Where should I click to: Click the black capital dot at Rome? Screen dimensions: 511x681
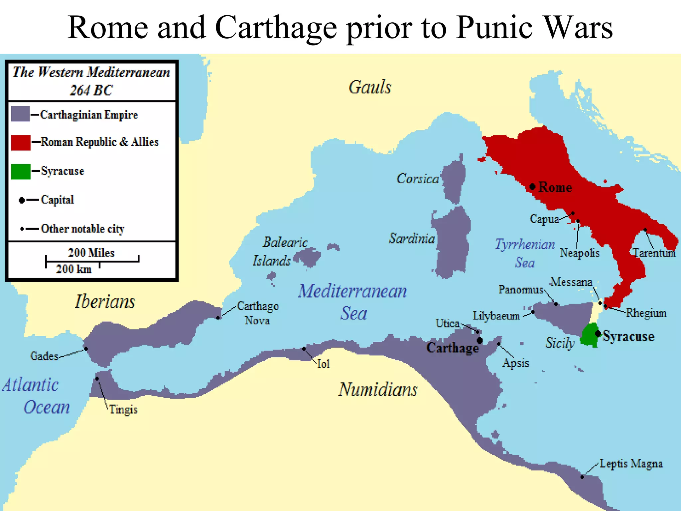tap(532, 187)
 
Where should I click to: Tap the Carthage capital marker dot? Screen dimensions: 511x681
tap(479, 340)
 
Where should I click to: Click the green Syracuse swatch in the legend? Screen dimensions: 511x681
tap(21, 172)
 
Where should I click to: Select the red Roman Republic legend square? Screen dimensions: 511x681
tap(21, 143)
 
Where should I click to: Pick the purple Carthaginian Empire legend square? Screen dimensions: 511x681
tap(20, 114)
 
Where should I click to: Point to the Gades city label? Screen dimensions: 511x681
tap(44, 356)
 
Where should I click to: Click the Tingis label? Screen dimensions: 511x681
tap(123, 410)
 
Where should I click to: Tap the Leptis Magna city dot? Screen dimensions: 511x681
tap(582, 477)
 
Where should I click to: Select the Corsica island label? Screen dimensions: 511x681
tap(418, 179)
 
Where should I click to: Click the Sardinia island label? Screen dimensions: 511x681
tap(412, 239)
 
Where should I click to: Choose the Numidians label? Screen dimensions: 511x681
tap(378, 390)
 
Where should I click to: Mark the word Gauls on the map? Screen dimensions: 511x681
tap(370, 87)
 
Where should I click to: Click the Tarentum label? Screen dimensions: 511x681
tap(654, 253)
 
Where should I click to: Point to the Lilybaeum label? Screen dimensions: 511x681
tap(496, 316)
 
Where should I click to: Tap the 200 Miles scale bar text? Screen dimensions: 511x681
tap(91, 253)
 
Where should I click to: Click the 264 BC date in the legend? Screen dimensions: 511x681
tap(91, 90)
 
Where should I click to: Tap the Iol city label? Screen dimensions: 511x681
tap(323, 364)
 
